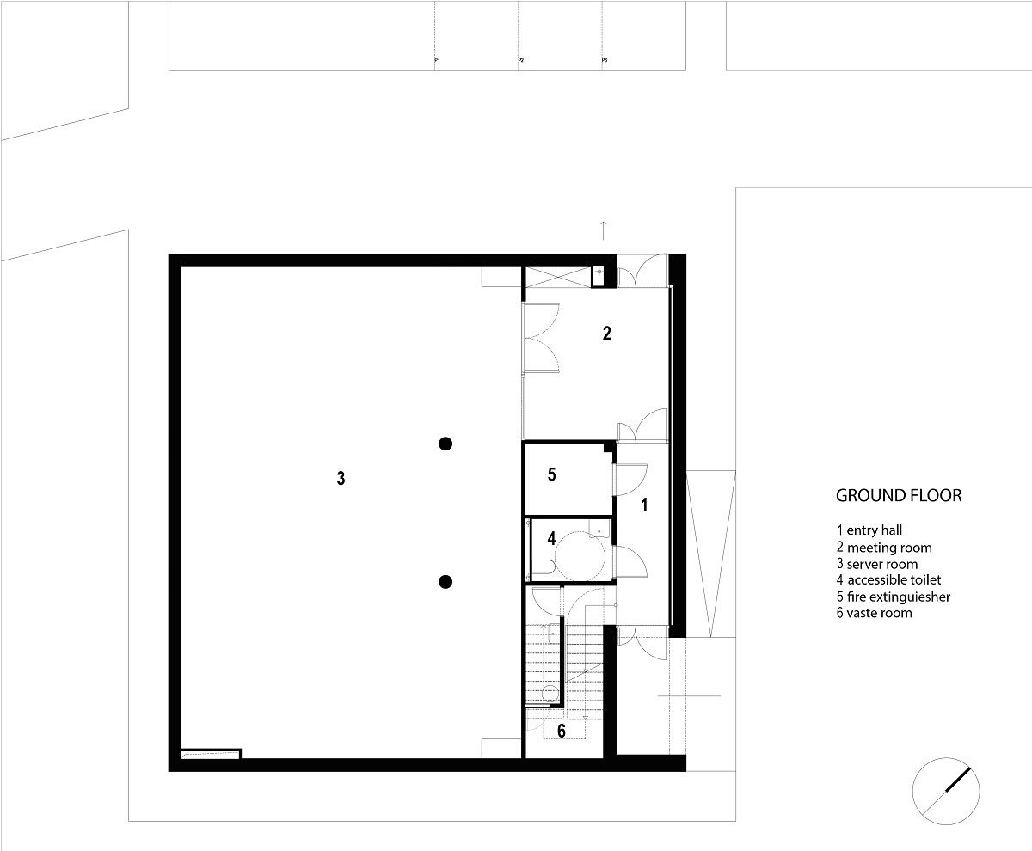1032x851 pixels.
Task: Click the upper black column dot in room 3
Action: pos(445,444)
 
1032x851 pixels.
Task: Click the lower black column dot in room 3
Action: pos(445,582)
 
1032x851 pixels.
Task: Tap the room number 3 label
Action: pos(341,479)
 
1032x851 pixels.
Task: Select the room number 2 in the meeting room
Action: pos(606,334)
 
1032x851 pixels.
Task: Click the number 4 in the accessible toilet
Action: pos(551,540)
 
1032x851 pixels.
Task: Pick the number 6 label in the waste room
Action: pos(561,732)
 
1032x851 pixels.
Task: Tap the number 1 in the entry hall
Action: pos(644,506)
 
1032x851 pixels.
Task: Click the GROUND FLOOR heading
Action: pos(898,496)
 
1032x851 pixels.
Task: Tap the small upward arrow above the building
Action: pos(605,230)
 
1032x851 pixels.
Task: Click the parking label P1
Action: pos(437,61)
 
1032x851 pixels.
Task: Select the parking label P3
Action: pos(605,61)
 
